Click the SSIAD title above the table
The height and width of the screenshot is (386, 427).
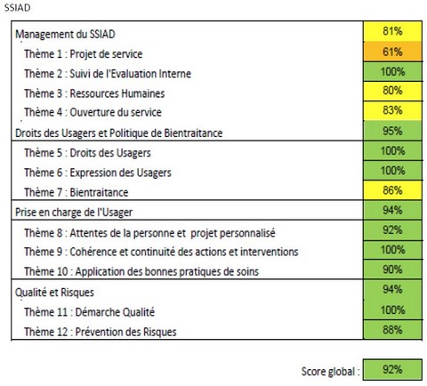[17, 7]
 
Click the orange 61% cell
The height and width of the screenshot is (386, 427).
[393, 52]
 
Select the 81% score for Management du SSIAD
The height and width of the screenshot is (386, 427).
[393, 31]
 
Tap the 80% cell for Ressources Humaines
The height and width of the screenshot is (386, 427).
[393, 91]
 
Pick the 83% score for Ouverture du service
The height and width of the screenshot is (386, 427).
[393, 110]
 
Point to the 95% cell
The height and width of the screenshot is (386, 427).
[393, 131]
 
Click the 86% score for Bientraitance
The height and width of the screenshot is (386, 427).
[393, 190]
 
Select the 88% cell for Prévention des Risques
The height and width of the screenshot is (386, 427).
[393, 330]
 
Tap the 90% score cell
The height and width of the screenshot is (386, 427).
[393, 269]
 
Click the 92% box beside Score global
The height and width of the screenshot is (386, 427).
[392, 369]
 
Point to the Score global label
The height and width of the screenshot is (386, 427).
[330, 372]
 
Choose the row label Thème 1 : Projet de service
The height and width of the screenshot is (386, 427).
[84, 54]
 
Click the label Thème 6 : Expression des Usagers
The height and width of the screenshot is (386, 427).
[98, 173]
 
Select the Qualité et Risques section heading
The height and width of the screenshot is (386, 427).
[54, 293]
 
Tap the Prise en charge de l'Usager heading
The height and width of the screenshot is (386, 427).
[74, 213]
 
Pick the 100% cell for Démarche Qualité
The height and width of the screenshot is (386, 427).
[393, 310]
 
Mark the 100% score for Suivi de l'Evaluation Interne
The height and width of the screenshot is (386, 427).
[393, 71]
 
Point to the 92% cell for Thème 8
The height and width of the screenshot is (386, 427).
[393, 230]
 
